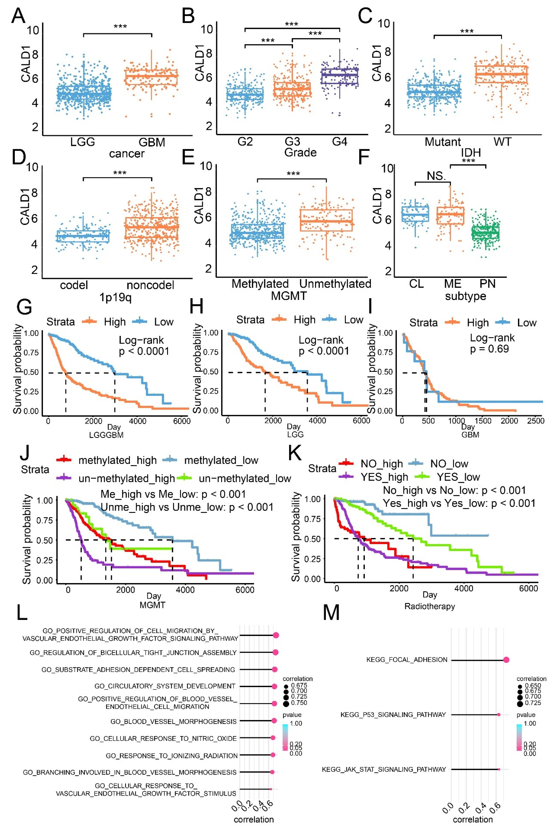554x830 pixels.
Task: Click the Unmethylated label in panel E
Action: coord(335,284)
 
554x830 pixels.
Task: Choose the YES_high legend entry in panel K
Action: coord(384,477)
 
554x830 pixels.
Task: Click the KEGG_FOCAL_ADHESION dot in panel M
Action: coord(506,660)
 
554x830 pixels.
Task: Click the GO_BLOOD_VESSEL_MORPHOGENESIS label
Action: coord(174,722)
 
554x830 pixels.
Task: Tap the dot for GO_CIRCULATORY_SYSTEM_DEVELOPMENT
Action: coord(274,686)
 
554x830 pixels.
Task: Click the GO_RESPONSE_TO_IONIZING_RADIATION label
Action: coord(171,756)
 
